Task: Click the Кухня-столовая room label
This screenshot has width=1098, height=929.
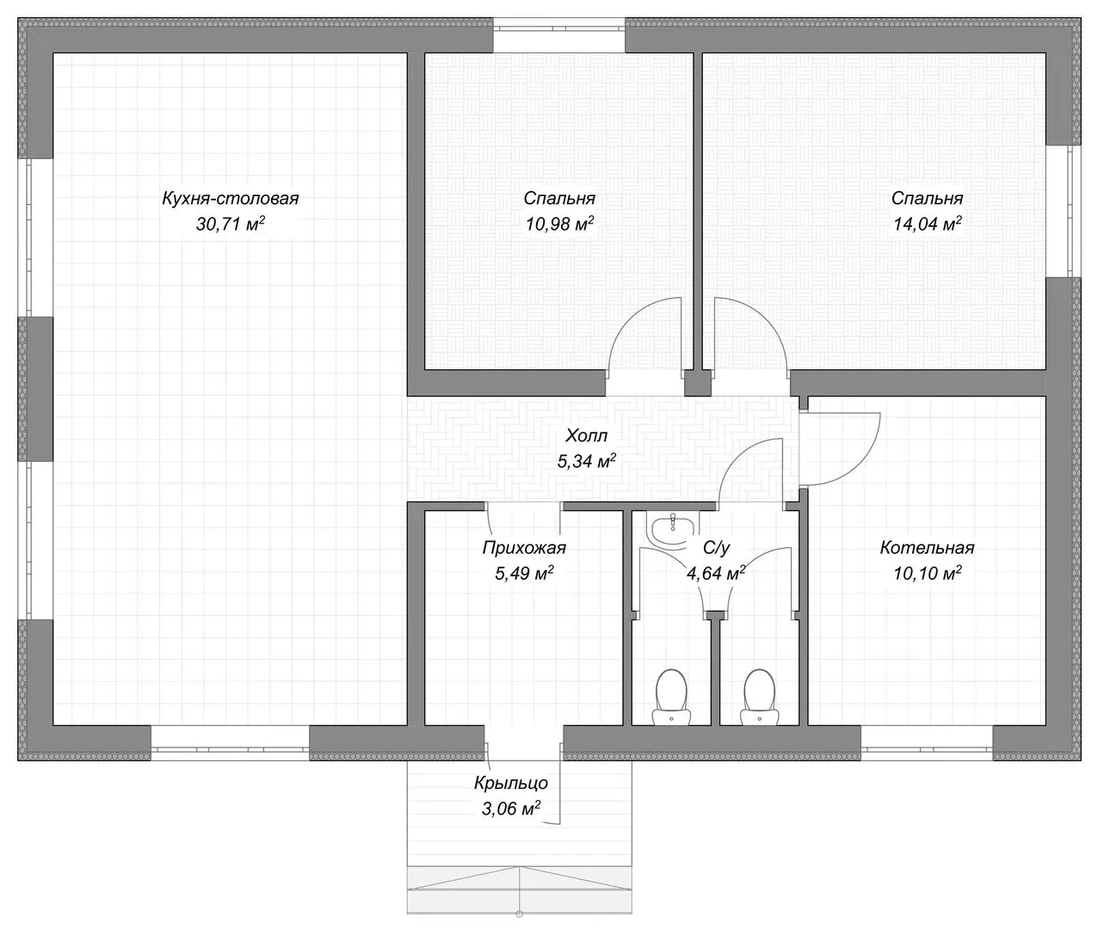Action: [x=230, y=199]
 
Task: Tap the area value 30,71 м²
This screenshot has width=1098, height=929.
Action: [x=230, y=224]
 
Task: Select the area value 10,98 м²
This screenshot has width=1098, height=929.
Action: [x=559, y=224]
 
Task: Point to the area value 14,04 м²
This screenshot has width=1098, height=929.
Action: [x=927, y=224]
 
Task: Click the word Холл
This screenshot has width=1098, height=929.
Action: [x=586, y=436]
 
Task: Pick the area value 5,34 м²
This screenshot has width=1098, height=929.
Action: [x=586, y=461]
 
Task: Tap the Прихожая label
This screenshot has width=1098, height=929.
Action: [x=524, y=548]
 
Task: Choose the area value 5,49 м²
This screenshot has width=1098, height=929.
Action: [x=524, y=573]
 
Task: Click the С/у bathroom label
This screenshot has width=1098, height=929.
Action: [x=716, y=548]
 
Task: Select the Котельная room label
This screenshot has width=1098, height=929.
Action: [x=927, y=548]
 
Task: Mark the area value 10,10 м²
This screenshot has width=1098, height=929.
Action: [x=927, y=573]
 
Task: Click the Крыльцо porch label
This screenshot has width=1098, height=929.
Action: [x=510, y=783]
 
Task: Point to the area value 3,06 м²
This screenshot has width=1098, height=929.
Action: [x=510, y=808]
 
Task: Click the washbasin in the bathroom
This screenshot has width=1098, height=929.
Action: [x=671, y=528]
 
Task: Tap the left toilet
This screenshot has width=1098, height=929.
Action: [x=671, y=698]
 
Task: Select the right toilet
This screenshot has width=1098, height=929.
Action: [x=759, y=698]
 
